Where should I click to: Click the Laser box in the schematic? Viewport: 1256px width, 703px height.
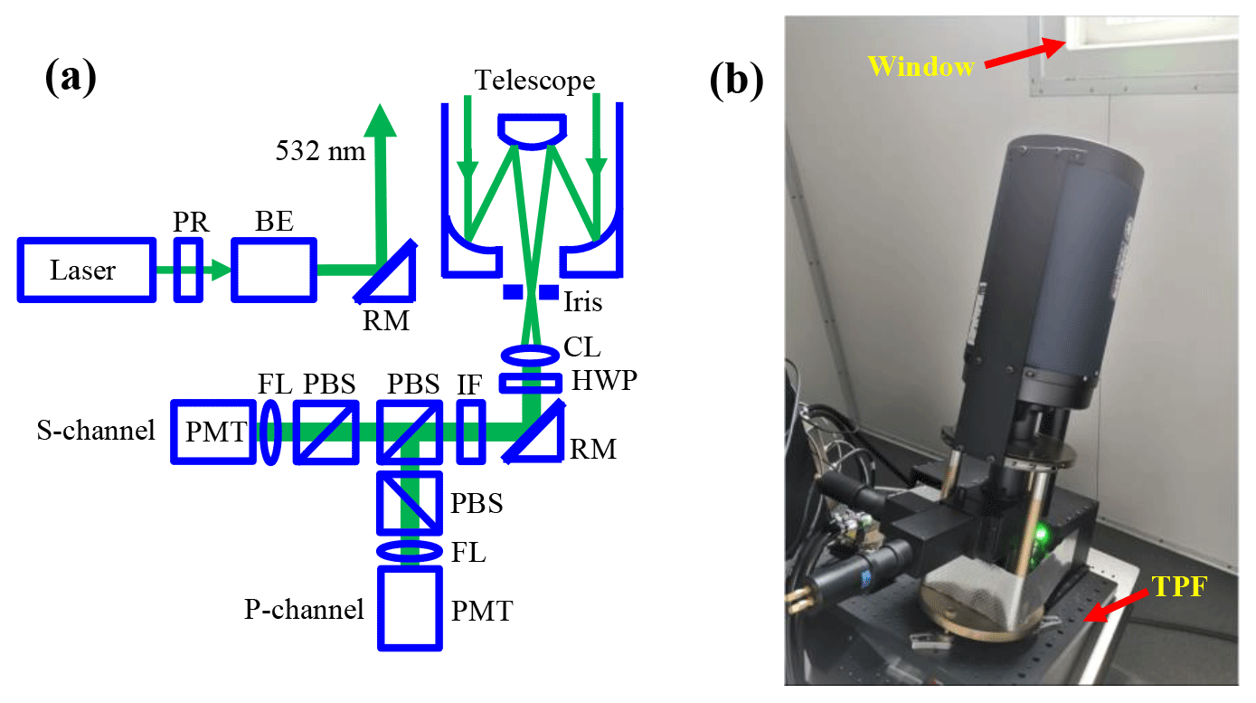click(x=87, y=270)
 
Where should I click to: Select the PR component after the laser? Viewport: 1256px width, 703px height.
click(x=189, y=270)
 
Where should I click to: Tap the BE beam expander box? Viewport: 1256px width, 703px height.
click(x=274, y=270)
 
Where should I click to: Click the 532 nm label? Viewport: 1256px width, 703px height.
click(x=320, y=150)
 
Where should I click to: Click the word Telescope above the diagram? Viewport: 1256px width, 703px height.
click(x=535, y=81)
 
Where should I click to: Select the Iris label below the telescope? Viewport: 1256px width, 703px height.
click(x=583, y=302)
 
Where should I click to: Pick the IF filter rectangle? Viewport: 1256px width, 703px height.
click(x=470, y=432)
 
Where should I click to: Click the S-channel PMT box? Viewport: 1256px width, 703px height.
click(x=213, y=432)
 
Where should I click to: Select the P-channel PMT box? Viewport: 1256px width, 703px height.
click(x=411, y=608)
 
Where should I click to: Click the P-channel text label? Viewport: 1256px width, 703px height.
click(x=304, y=609)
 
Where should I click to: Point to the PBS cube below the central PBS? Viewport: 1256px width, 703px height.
click(x=411, y=502)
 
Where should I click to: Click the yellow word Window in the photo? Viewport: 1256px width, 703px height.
click(x=921, y=66)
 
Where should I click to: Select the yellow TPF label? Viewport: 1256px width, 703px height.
click(x=1177, y=588)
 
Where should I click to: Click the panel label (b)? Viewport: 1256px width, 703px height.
click(x=736, y=81)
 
